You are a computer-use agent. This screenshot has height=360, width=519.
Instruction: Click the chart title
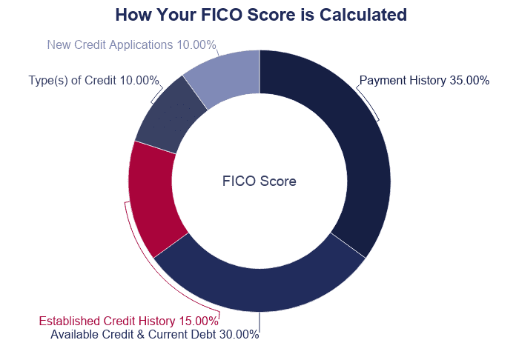(261, 15)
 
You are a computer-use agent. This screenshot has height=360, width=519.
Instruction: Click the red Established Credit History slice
(152, 200)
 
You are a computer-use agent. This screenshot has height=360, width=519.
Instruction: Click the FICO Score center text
(259, 181)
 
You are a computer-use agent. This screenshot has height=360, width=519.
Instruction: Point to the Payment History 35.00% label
(424, 81)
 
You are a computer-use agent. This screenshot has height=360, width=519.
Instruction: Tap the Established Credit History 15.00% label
(128, 321)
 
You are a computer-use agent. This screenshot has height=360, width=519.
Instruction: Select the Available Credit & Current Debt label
(154, 334)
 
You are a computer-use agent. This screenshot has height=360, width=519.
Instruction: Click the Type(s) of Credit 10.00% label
(93, 80)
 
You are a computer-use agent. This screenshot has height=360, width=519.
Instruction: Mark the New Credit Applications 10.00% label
(131, 44)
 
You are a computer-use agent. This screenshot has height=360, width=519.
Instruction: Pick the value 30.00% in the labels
(239, 334)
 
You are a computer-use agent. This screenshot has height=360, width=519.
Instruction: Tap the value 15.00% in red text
(199, 321)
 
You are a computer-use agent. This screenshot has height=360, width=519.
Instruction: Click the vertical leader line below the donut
(259, 320)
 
